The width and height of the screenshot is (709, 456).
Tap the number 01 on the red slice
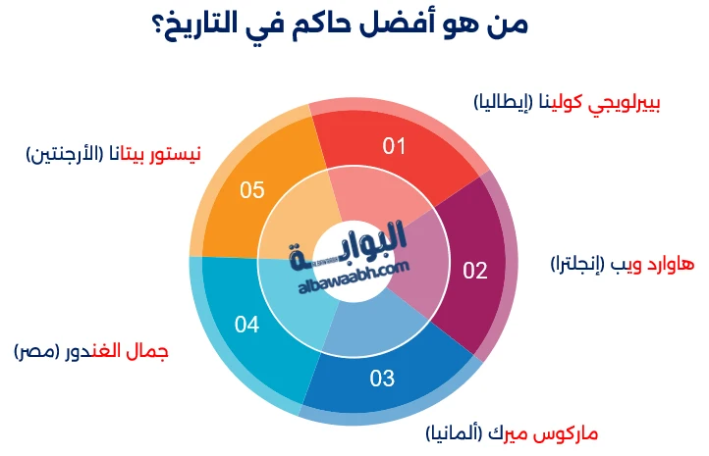click(x=395, y=147)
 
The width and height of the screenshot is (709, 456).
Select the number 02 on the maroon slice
click(x=475, y=271)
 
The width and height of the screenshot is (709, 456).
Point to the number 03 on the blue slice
click(x=382, y=378)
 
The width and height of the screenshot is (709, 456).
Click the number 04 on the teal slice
click(x=247, y=323)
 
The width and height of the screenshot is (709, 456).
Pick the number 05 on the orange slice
click(x=252, y=189)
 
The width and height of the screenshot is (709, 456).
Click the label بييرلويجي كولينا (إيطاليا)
click(x=567, y=101)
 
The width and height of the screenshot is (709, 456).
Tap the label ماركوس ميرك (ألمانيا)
click(x=512, y=432)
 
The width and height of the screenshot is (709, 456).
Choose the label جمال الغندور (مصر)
click(x=91, y=351)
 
